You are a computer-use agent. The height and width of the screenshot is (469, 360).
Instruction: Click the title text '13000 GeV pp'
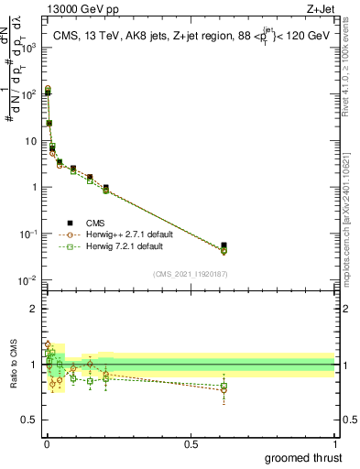point(75,8)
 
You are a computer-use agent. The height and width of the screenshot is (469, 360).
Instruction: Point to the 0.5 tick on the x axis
point(191,442)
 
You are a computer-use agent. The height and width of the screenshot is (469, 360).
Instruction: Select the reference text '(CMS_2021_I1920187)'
point(191,274)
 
